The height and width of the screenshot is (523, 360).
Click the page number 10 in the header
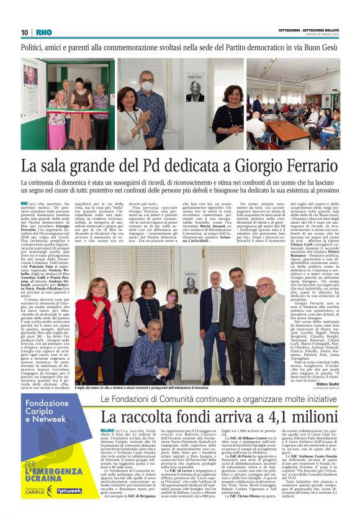click(x=25, y=33)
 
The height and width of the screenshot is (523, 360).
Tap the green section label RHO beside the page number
click(x=44, y=33)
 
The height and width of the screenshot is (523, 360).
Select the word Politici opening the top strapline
click(x=37, y=48)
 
